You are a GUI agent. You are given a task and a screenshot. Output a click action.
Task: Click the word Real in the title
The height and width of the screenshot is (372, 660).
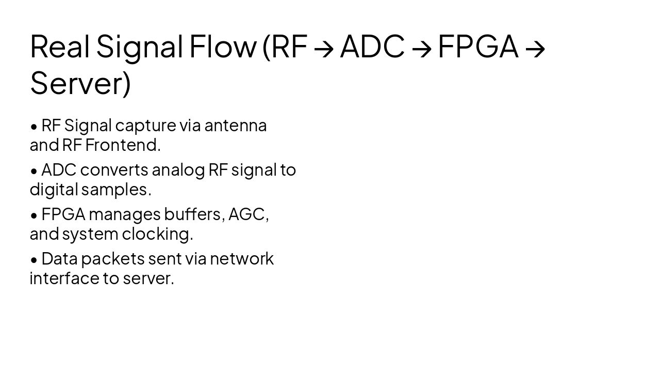(59, 46)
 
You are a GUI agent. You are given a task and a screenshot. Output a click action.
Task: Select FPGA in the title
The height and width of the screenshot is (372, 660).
(477, 46)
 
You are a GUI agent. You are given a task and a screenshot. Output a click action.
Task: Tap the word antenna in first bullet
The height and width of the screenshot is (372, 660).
(235, 126)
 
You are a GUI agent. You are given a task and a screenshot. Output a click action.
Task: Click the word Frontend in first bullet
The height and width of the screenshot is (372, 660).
(123, 145)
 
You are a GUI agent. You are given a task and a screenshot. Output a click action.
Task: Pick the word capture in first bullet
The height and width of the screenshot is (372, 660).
(146, 126)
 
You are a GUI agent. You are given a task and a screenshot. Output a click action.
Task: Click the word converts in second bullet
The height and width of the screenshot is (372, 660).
(114, 170)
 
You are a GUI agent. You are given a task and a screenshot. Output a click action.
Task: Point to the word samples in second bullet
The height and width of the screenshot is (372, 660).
(116, 190)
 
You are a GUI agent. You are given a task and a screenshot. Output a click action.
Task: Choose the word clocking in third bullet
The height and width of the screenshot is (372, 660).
(157, 234)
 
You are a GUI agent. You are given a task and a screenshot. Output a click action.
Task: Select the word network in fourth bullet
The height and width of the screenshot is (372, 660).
(241, 258)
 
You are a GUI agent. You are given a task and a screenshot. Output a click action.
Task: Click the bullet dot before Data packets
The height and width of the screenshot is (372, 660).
(34, 259)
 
